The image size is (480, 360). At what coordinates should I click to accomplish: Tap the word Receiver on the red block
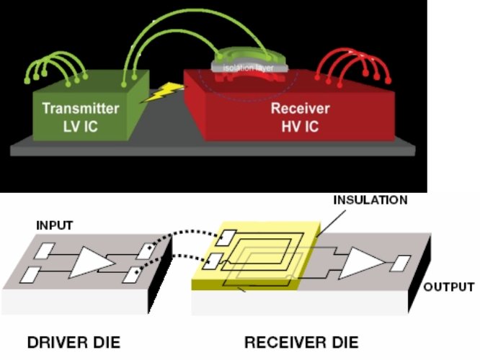tap(300, 109)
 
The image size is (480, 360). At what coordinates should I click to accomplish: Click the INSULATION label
tap(370, 199)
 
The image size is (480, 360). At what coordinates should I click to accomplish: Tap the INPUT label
tap(55, 226)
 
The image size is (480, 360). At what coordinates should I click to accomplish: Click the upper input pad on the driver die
tap(45, 251)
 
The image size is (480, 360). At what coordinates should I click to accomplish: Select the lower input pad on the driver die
tap(34, 274)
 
